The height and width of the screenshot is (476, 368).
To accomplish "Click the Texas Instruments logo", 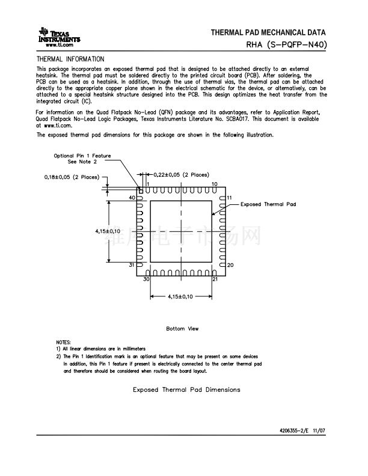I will pos(58,36).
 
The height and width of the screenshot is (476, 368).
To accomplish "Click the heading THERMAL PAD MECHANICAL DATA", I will pos(268,32).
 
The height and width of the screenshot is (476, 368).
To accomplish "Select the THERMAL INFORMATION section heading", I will pos(70,59).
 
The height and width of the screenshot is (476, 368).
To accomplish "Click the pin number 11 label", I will pos(230,198).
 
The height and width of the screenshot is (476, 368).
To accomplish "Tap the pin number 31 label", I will pos(132,265).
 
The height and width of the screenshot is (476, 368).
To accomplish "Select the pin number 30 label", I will pos(146,279).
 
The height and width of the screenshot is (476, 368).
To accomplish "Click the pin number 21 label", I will pos(215,279).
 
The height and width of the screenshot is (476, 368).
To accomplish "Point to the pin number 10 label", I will pos(215,184).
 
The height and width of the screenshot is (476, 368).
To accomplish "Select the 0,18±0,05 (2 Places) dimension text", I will pos(72,177).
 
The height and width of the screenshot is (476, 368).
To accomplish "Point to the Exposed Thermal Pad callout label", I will pos(268,204).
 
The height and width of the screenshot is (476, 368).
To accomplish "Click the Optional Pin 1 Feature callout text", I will pos(82,159).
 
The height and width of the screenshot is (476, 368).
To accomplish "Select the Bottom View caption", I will pos(182,329).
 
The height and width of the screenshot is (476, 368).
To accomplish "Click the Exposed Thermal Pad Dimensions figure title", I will pos(186,389).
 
